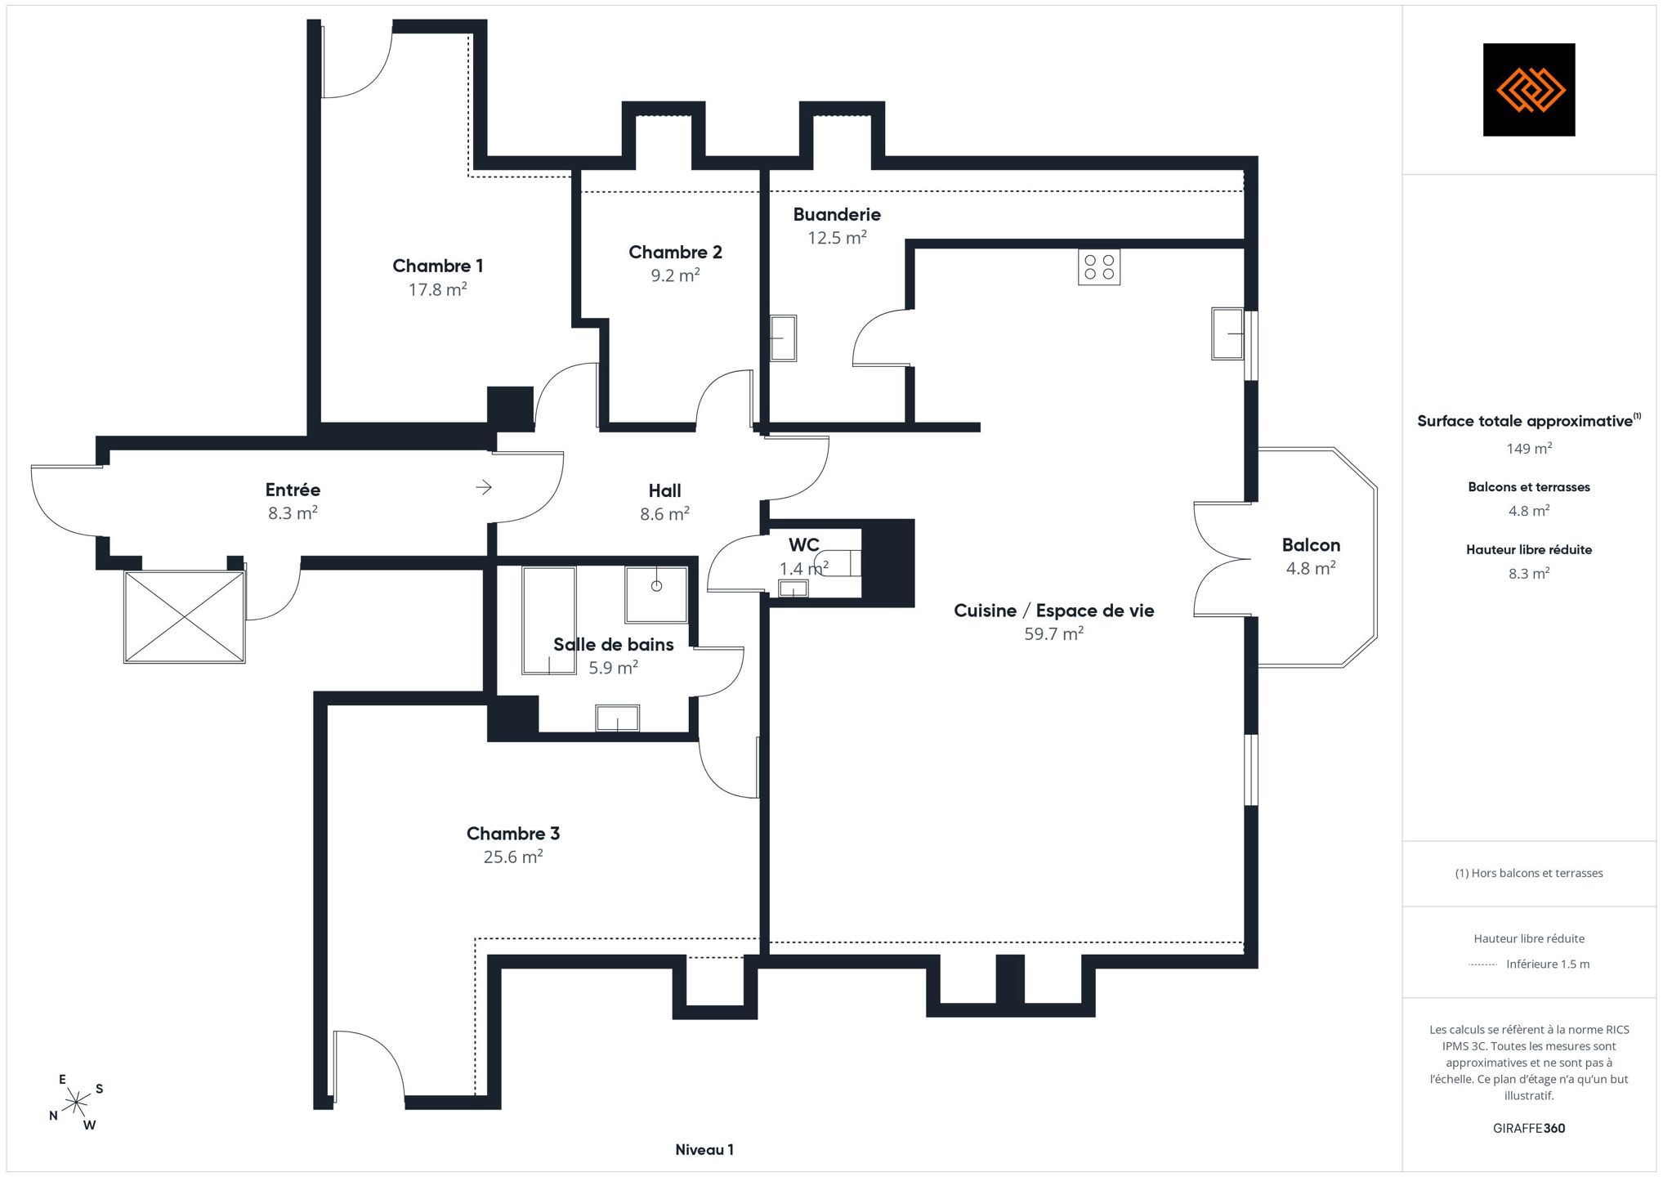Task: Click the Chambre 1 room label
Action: tap(437, 266)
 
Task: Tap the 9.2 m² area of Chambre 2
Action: tap(675, 275)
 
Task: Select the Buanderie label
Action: tap(837, 214)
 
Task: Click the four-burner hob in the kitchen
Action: tap(1099, 267)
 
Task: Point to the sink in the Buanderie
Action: tap(784, 338)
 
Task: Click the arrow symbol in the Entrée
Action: tap(484, 488)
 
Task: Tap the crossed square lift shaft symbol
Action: tap(185, 616)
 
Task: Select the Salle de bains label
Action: tap(614, 644)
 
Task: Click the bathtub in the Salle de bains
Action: tap(549, 620)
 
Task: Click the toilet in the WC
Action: tap(838, 563)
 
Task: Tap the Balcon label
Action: tap(1311, 545)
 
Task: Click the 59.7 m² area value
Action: tap(1054, 633)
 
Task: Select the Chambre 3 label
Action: tap(513, 834)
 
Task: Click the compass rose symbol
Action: tap(76, 1103)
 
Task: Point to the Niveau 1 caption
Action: tap(704, 1150)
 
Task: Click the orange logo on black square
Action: tap(1529, 90)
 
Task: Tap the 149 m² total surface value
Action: tap(1529, 448)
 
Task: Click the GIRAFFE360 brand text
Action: tap(1529, 1128)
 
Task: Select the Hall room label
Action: tap(664, 490)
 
